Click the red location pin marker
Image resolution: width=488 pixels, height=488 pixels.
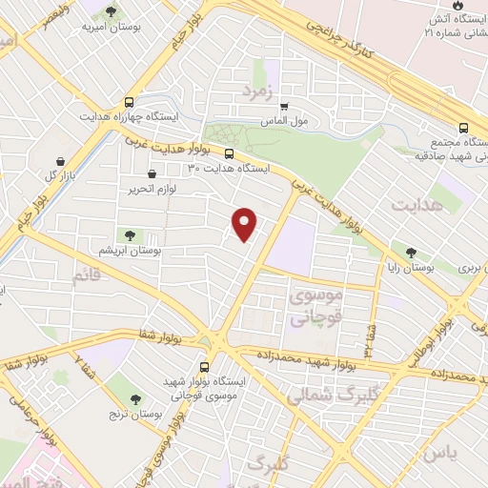(246, 223)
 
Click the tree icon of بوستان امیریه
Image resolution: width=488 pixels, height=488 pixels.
(112, 12)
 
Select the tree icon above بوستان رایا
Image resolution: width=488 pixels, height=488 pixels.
(411, 253)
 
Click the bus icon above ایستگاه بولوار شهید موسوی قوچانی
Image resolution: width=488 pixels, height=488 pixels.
(205, 367)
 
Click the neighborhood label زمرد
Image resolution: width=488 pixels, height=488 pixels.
(257, 91)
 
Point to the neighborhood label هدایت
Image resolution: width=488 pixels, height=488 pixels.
(417, 205)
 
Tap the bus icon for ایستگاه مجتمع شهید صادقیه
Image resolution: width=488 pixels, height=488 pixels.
(464, 128)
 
